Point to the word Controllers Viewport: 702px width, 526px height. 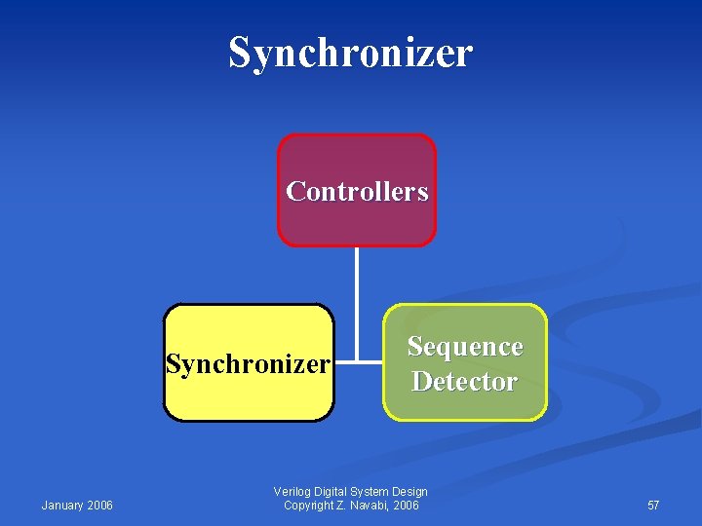point(357,191)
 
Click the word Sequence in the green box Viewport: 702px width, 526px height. point(465,347)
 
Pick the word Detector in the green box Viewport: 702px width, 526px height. point(464,381)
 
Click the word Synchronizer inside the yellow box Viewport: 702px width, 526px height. point(248,364)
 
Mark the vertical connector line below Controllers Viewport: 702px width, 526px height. point(357,292)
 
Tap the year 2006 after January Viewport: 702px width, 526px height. point(99,505)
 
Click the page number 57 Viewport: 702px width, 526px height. point(653,505)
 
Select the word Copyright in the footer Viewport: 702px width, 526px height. point(308,505)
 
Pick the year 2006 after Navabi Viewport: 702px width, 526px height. point(407,505)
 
